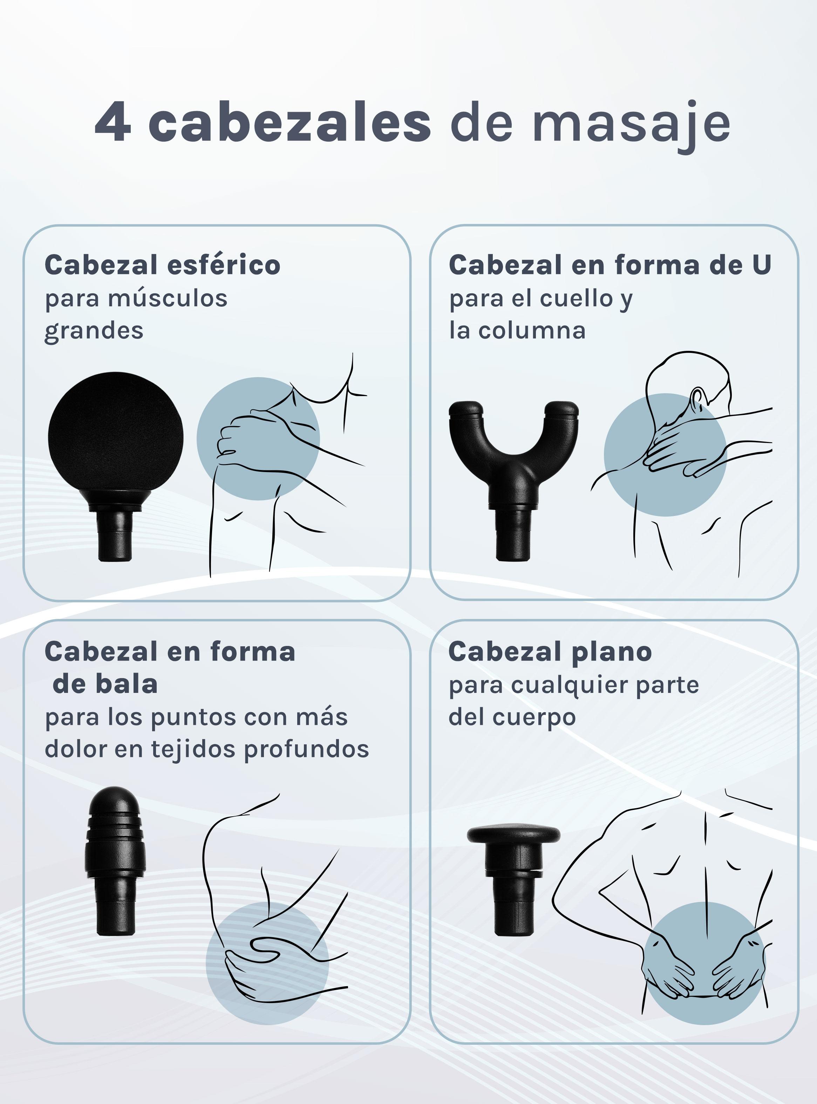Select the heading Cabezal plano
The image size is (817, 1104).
(550, 652)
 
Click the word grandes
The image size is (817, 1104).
(94, 331)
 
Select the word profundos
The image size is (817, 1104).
(307, 749)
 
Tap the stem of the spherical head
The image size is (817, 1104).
(116, 535)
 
